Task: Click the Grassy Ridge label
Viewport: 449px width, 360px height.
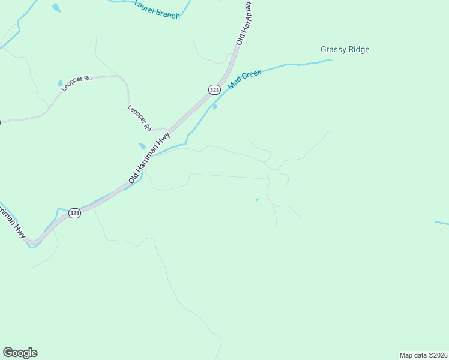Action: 345,50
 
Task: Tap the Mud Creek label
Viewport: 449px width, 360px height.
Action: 245,81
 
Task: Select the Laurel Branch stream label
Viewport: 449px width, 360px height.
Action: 157,10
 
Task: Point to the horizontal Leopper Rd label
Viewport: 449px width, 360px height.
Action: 76,83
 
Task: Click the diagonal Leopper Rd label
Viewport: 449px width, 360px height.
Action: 139,118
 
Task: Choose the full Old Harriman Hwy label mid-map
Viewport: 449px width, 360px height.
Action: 149,158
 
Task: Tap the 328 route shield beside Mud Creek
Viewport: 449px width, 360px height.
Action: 214,89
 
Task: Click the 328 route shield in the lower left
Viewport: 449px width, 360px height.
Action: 74,213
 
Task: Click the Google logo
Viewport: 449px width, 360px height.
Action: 20,353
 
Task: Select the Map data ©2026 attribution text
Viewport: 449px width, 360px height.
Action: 423,355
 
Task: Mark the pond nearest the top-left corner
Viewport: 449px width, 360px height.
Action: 56,8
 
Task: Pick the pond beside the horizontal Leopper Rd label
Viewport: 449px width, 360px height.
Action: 60,83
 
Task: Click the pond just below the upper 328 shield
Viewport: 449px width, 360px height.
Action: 215,107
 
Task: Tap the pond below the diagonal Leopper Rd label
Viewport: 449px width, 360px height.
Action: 142,146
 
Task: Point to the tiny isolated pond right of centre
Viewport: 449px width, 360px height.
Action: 257,199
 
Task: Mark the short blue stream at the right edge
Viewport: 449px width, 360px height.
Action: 442,223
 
